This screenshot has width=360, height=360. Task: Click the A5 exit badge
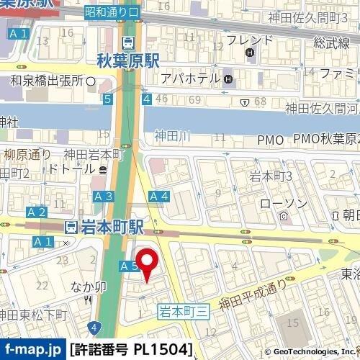(128, 266)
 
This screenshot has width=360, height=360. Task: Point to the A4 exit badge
(158, 197)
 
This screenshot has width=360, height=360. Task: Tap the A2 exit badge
(36, 212)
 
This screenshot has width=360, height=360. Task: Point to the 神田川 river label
(173, 135)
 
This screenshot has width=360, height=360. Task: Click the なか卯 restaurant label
(89, 287)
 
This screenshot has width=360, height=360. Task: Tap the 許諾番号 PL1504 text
(132, 350)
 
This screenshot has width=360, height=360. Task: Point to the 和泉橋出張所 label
(48, 80)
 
